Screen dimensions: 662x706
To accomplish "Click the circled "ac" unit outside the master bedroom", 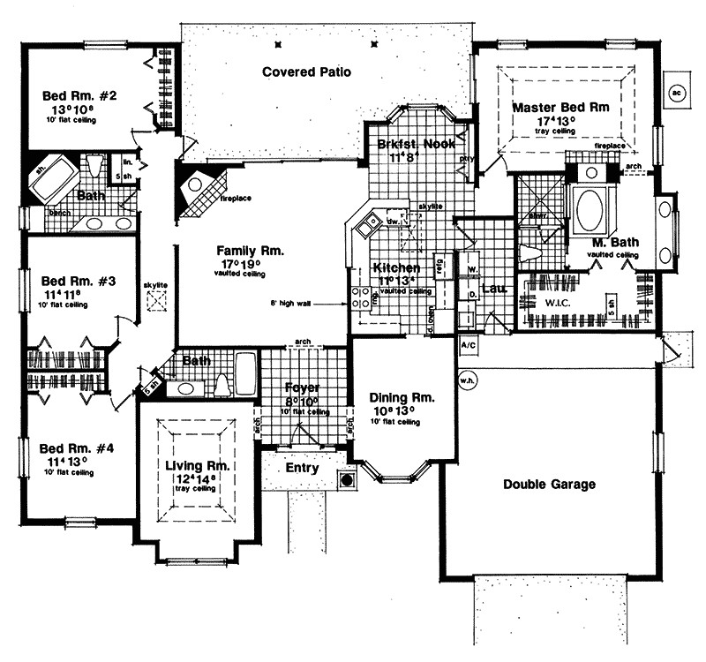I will [677, 90].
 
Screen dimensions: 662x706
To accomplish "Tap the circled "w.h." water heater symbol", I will [467, 381].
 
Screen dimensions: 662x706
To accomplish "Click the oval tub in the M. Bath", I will [590, 211].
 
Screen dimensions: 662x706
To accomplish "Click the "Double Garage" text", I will [549, 484].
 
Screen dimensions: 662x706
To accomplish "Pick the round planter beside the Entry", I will [347, 480].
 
